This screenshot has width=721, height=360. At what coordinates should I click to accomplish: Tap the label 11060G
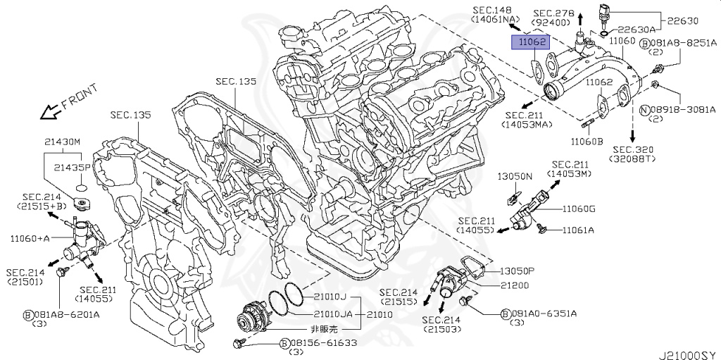pos(579,209)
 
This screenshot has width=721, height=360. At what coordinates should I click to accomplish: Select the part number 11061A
pos(577,230)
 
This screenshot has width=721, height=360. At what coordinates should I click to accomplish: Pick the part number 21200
pos(514,285)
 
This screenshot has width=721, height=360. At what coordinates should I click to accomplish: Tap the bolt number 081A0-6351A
pos(548,314)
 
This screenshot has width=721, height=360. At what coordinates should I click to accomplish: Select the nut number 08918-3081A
pos(682,109)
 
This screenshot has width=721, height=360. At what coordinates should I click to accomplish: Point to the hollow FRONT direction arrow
pos(49,111)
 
